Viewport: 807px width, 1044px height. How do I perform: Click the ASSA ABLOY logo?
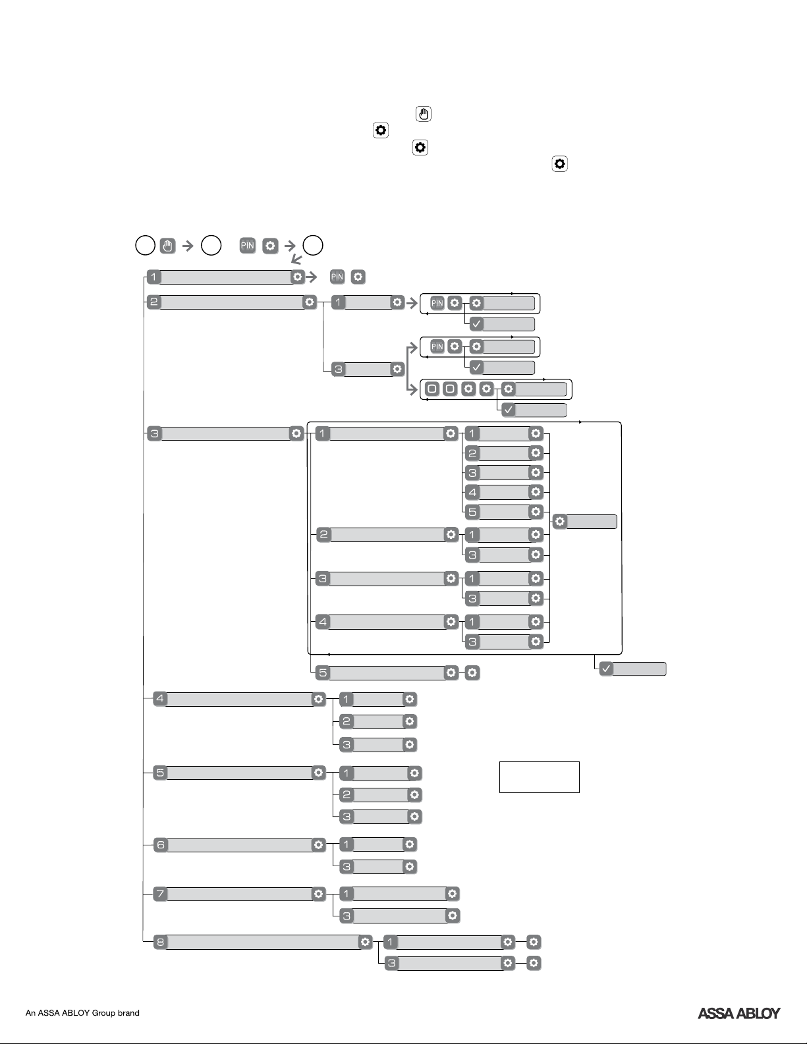(738, 1013)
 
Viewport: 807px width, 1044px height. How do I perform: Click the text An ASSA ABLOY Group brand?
(82, 1013)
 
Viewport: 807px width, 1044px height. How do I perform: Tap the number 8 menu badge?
(161, 942)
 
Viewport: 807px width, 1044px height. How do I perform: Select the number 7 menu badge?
(161, 894)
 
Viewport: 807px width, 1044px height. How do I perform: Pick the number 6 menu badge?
(161, 844)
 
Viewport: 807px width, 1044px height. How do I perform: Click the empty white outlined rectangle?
(540, 777)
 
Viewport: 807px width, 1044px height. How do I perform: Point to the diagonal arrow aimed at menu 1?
(296, 260)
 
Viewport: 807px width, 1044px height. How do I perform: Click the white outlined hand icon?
(423, 114)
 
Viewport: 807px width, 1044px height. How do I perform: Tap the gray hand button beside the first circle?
(167, 246)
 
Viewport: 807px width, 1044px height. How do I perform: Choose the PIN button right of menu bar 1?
(337, 277)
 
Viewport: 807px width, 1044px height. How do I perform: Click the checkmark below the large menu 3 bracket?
(606, 669)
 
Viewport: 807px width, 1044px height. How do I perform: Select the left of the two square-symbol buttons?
(432, 389)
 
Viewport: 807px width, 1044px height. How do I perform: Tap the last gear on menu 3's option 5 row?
(472, 673)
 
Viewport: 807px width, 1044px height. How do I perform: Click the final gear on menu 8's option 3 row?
(534, 963)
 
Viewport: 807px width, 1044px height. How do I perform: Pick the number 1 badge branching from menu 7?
(346, 894)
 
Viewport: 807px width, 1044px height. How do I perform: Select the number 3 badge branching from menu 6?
(346, 867)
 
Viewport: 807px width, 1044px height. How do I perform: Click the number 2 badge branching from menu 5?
(346, 794)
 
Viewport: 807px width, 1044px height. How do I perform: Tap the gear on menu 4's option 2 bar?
(409, 721)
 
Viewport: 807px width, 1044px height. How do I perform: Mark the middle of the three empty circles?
(211, 246)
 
